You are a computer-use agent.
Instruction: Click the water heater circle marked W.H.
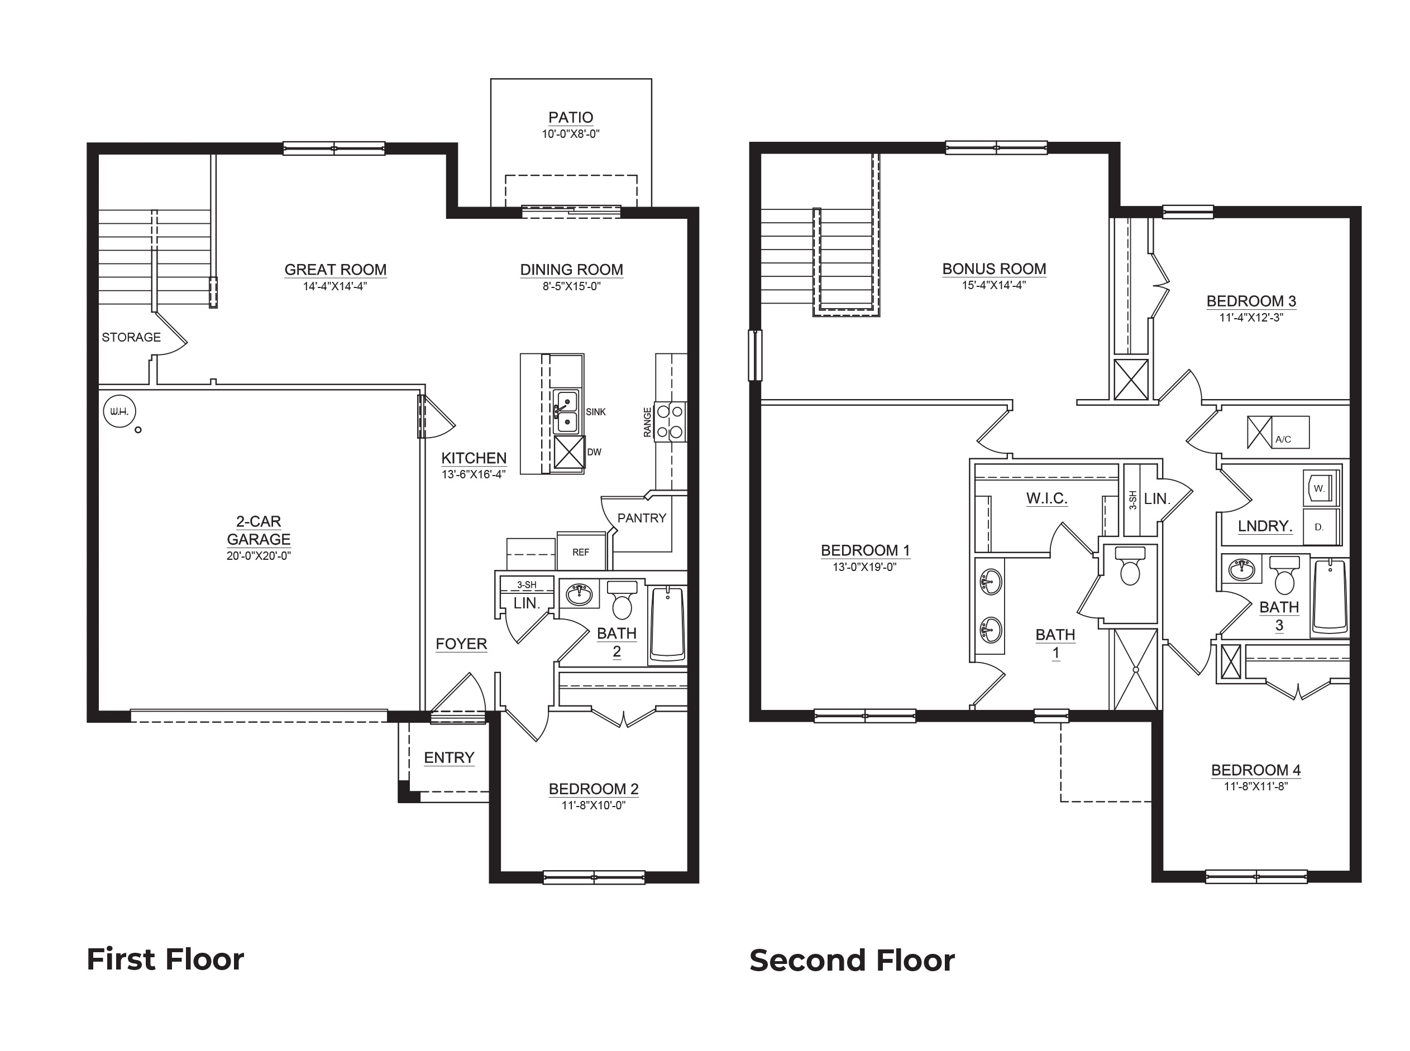click(119, 411)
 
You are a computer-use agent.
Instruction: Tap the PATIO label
click(570, 117)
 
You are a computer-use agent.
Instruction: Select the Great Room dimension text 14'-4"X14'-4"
click(335, 286)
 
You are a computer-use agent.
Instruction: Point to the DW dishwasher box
click(569, 452)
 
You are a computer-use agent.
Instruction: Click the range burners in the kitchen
click(670, 422)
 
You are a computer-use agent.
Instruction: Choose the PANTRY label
click(641, 518)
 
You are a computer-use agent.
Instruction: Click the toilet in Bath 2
click(622, 600)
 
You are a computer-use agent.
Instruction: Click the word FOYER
click(461, 644)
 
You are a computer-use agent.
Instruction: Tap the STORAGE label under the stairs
click(131, 337)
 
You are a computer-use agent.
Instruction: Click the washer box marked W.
click(1320, 488)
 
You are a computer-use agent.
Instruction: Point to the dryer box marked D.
click(1320, 527)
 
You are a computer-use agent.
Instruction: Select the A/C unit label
click(1283, 439)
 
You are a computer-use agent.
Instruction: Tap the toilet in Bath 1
click(1130, 566)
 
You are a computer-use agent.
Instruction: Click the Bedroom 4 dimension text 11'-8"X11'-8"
click(1255, 786)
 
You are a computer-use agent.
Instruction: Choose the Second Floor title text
click(852, 961)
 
